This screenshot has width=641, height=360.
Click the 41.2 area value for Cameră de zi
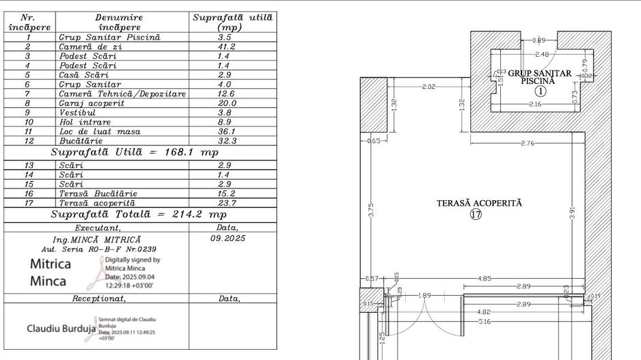pyautogui.click(x=226, y=46)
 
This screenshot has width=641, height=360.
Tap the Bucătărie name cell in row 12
pyautogui.click(x=81, y=141)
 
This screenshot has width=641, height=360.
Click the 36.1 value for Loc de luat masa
pyautogui.click(x=226, y=131)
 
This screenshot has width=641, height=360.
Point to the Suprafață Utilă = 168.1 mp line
pyautogui.click(x=135, y=152)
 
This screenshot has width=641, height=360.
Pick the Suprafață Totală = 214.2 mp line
pyautogui.click(x=135, y=214)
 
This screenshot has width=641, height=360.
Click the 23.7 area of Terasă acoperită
pyautogui.click(x=226, y=203)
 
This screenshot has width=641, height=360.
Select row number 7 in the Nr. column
pyautogui.click(x=28, y=94)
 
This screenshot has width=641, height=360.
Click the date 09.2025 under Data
pyautogui.click(x=227, y=238)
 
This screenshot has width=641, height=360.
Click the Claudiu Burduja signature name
pyautogui.click(x=60, y=329)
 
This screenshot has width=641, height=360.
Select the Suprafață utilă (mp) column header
pyautogui.click(x=232, y=22)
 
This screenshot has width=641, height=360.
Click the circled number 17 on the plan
pyautogui.click(x=476, y=214)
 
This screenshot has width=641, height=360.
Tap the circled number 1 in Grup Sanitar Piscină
pyautogui.click(x=541, y=90)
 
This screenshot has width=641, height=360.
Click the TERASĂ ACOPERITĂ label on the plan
pyautogui.click(x=479, y=203)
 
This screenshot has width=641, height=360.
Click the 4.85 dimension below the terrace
pyautogui.click(x=484, y=278)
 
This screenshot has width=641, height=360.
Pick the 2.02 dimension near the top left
pyautogui.click(x=428, y=87)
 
